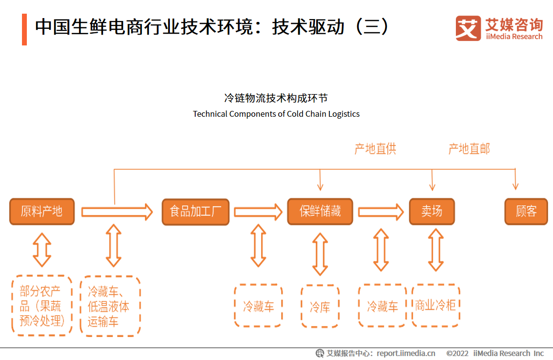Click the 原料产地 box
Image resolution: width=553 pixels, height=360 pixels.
(42, 212)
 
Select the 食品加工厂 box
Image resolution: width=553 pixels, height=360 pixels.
(195, 212)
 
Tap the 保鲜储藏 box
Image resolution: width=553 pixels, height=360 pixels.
(320, 212)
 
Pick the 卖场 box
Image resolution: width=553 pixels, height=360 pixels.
(431, 212)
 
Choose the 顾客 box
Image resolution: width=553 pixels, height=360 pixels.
(526, 212)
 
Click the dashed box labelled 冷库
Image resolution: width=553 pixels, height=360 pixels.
(320, 307)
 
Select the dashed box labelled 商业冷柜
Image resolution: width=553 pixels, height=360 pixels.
(435, 306)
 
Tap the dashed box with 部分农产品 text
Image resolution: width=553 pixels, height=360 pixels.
(41, 306)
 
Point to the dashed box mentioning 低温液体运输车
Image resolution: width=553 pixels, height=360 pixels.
(110, 306)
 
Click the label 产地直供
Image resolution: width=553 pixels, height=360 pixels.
(375, 149)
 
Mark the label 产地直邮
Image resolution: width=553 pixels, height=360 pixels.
(469, 149)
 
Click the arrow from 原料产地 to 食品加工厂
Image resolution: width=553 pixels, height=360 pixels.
(117, 212)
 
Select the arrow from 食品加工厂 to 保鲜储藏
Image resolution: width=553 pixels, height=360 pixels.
(258, 212)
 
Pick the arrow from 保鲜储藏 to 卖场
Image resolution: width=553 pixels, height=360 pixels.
(381, 212)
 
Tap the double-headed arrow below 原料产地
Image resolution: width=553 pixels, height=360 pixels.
(42, 250)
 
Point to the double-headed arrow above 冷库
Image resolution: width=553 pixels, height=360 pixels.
(320, 254)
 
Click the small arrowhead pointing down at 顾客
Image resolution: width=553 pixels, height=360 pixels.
(515, 185)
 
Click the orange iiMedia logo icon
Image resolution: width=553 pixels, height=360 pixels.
(468, 28)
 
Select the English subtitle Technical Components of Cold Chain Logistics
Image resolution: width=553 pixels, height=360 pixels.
(276, 114)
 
